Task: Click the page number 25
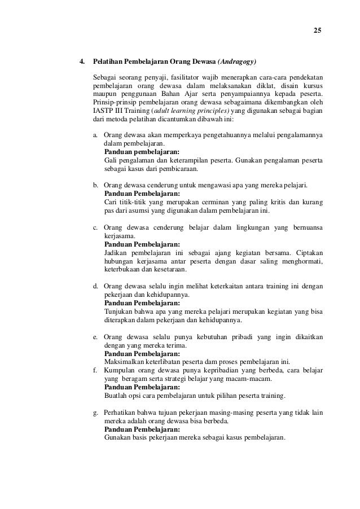point(317,30)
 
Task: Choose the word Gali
point(111,161)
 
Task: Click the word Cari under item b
point(111,203)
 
